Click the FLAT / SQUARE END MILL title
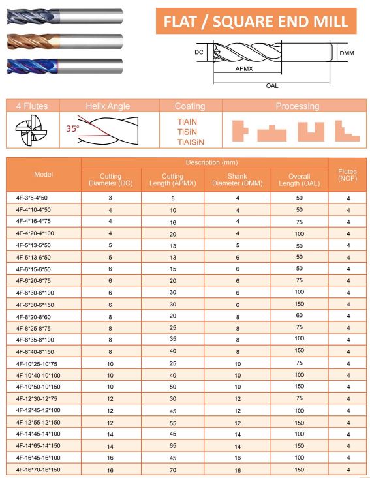[256, 22]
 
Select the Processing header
[297, 106]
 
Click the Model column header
[43, 175]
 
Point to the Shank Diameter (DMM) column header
[237, 179]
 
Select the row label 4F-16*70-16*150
[38, 469]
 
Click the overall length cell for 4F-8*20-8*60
[300, 315]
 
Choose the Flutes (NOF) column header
[348, 175]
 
